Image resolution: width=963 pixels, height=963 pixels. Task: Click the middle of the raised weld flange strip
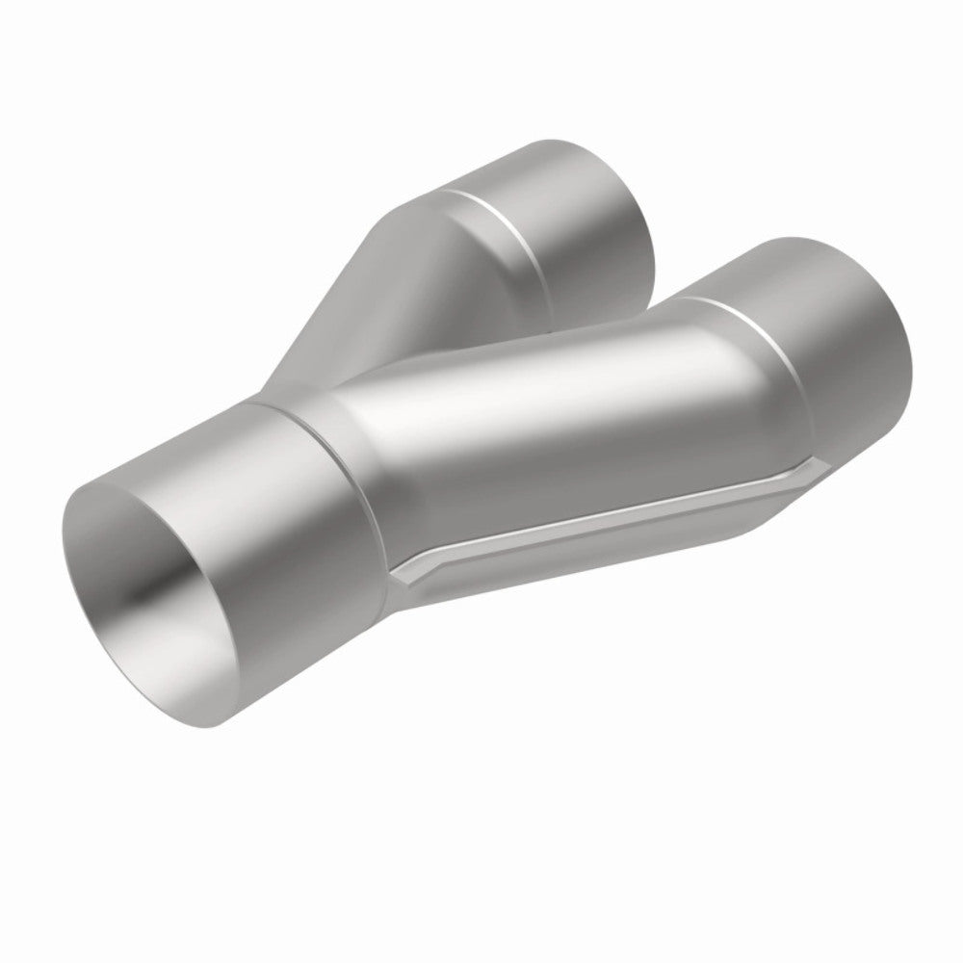(597, 520)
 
